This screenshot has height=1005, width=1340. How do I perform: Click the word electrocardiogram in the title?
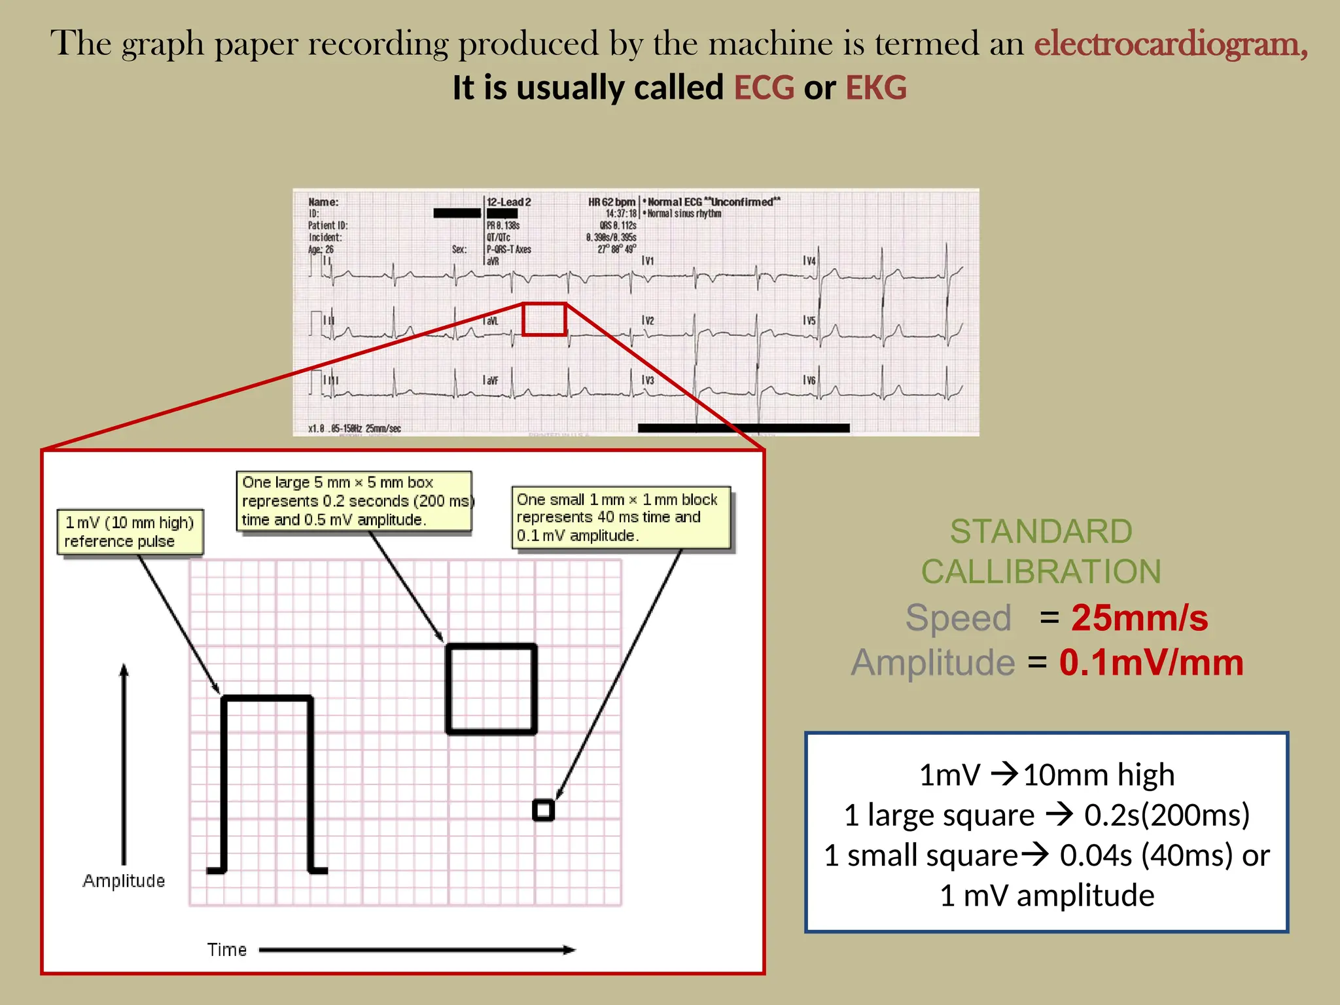(1170, 44)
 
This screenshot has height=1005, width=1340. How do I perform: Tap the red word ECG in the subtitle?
(764, 88)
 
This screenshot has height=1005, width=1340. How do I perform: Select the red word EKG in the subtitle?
(876, 88)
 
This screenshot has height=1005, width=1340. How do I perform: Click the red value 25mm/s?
(1139, 617)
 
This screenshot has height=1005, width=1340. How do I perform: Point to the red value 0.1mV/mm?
(1151, 662)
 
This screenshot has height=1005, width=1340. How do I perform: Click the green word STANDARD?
(1040, 531)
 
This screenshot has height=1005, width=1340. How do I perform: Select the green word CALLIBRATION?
(1040, 572)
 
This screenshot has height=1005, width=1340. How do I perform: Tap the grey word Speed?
(958, 618)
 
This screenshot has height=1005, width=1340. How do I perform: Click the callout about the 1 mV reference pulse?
(130, 532)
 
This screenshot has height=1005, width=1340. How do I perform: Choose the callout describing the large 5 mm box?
(354, 501)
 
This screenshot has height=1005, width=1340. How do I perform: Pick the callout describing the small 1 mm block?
(620, 518)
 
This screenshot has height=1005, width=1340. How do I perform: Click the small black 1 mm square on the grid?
(543, 810)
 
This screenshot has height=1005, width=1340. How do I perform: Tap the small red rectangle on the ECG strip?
(544, 319)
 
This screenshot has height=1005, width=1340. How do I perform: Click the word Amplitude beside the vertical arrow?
(124, 881)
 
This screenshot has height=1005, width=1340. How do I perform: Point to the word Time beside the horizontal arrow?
(227, 950)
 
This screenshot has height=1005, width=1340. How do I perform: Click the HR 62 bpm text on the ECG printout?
(611, 202)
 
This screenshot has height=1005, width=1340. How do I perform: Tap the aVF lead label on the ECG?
(491, 380)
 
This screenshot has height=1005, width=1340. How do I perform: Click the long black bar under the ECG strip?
(743, 428)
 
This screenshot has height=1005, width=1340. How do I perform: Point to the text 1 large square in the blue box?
(939, 815)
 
